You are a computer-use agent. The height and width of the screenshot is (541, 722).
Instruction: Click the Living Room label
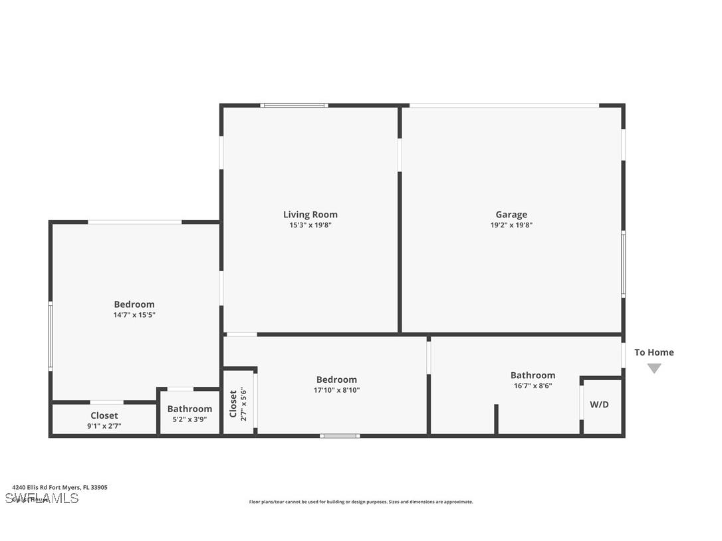pyautogui.click(x=310, y=215)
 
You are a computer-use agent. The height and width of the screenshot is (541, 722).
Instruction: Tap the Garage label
pyautogui.click(x=511, y=215)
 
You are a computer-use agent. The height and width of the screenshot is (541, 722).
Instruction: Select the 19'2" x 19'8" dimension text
pyautogui.click(x=511, y=225)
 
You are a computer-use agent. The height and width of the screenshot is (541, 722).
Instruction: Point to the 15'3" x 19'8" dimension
pyautogui.click(x=310, y=225)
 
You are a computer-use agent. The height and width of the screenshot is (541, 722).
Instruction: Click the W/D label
pyautogui.click(x=599, y=405)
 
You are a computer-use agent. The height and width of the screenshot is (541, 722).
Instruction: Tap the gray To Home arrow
pyautogui.click(x=654, y=368)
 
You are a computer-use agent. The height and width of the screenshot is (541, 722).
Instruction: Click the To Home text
pyautogui.click(x=654, y=352)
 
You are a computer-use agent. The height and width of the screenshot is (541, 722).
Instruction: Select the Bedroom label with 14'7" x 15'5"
pyautogui.click(x=134, y=304)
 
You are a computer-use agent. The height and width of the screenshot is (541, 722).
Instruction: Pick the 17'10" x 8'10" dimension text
pyautogui.click(x=336, y=391)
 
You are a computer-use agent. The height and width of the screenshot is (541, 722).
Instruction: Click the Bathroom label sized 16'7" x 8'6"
pyautogui.click(x=533, y=376)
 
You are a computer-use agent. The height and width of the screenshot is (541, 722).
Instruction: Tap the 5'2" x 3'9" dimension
pyautogui.click(x=189, y=419)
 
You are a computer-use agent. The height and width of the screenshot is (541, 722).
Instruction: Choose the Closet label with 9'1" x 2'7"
pyautogui.click(x=104, y=416)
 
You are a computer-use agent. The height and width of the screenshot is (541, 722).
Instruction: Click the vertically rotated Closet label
pyautogui.click(x=233, y=403)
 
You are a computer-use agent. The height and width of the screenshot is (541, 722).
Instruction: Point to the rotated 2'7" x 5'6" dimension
pyautogui.click(x=243, y=403)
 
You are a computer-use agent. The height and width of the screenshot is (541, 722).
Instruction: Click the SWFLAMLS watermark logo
pyautogui.click(x=42, y=498)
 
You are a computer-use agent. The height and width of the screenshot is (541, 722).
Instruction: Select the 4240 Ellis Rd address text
pyautogui.click(x=59, y=487)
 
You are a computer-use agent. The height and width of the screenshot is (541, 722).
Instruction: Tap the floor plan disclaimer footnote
pyautogui.click(x=361, y=502)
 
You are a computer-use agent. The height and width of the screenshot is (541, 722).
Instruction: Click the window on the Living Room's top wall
pyautogui.click(x=294, y=105)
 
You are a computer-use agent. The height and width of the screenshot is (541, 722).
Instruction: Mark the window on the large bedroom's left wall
pyautogui.click(x=51, y=336)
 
